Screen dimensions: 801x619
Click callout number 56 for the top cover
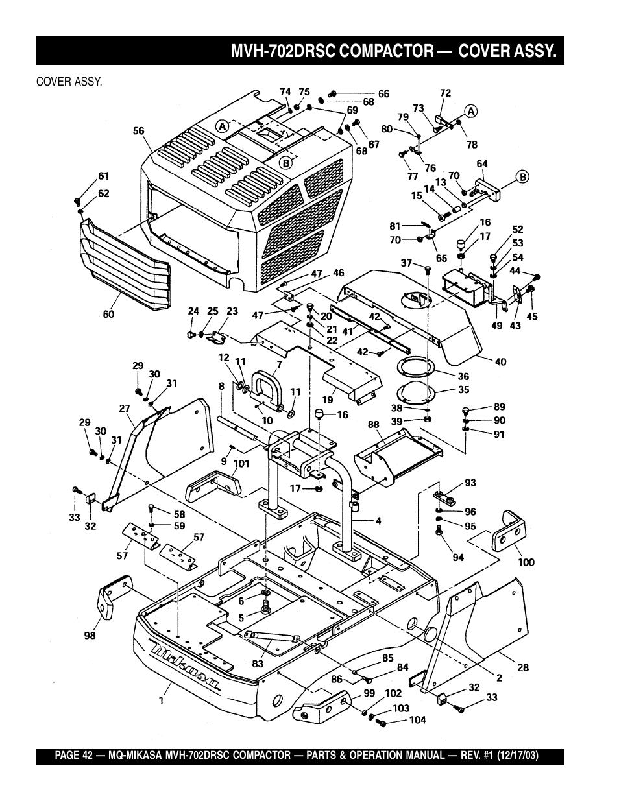139,130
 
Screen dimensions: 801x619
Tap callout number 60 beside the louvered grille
108,314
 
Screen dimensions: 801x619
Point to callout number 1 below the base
162,700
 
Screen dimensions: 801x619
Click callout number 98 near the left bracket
90,636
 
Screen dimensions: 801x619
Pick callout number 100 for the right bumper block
526,562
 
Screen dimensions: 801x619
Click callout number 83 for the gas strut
257,664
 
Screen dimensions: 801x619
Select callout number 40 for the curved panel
500,362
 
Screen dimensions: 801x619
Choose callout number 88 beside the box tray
374,425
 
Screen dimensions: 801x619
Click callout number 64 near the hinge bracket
481,164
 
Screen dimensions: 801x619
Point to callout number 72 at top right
445,93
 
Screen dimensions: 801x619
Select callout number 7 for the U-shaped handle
279,365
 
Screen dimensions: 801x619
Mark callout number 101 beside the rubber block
241,464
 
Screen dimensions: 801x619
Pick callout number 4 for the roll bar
379,520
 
